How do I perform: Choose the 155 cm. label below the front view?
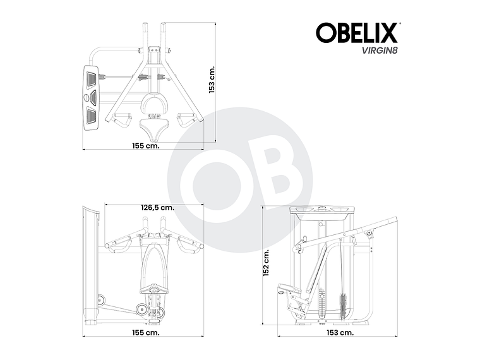[x=145, y=331]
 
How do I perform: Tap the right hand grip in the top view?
[x=186, y=118]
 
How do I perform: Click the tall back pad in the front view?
[x=153, y=262]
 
